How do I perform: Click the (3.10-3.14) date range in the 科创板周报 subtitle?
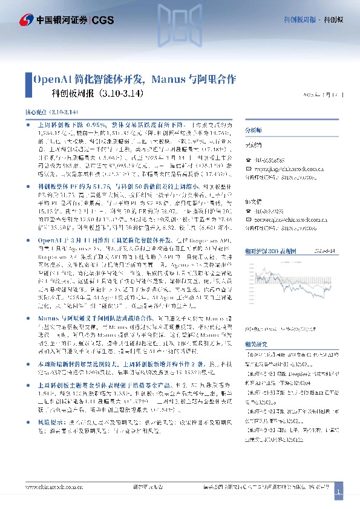pyautogui.click(x=119, y=94)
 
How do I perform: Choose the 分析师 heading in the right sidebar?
pyautogui.click(x=254, y=131)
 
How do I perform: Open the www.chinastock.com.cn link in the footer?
pyautogui.click(x=51, y=487)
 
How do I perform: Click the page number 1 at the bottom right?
pyautogui.click(x=339, y=493)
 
